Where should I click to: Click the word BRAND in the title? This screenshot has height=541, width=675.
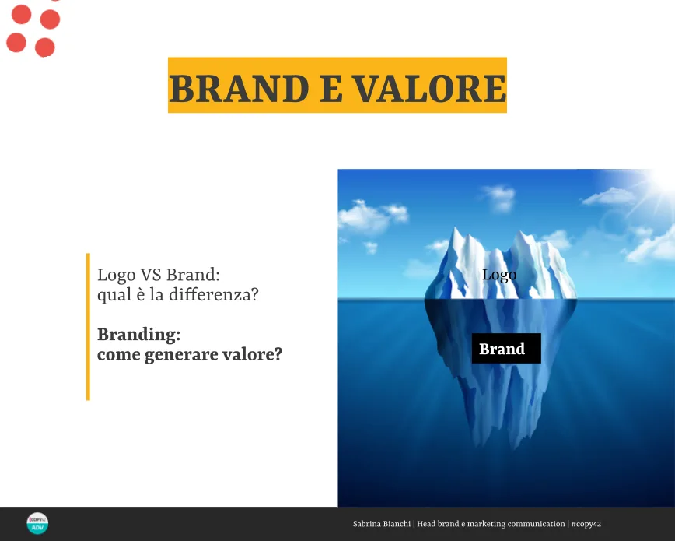tap(239, 89)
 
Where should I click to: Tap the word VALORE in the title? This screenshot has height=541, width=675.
tap(429, 89)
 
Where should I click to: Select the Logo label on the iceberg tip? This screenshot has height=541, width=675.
tap(499, 275)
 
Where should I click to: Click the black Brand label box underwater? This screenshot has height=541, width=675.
tap(506, 348)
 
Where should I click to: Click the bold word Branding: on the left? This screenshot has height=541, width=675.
tap(138, 335)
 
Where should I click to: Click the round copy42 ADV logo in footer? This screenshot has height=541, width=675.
tap(37, 523)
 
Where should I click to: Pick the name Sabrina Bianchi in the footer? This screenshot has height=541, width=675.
tap(382, 524)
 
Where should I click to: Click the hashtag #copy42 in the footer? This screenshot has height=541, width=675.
tap(586, 524)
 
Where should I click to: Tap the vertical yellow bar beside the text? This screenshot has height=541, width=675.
tap(88, 327)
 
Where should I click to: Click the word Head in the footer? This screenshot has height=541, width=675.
tap(427, 524)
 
